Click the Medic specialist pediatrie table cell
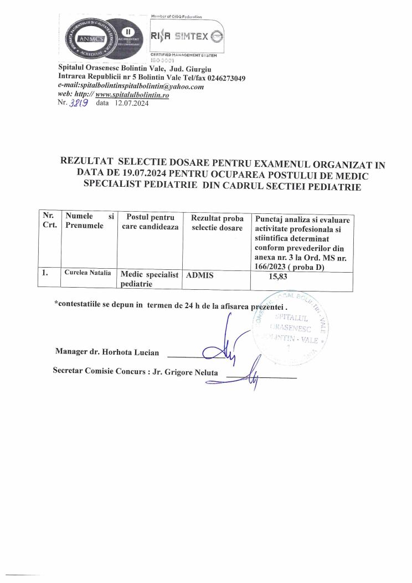pos(149,279)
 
